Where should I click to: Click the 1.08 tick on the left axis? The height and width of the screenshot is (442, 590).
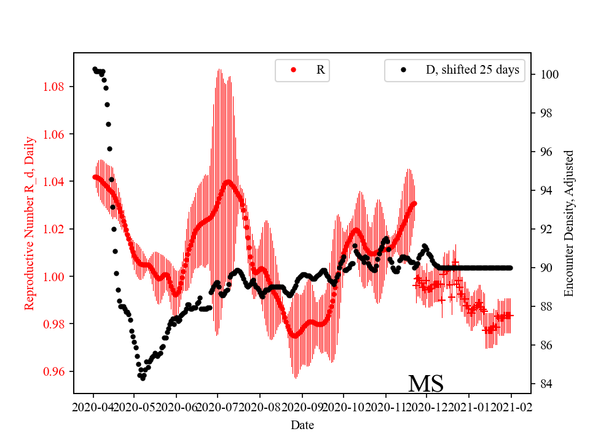55,87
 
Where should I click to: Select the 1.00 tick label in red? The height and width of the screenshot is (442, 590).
55,277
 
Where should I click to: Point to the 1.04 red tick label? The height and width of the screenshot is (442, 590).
55,182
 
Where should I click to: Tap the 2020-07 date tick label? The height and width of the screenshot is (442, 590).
218,407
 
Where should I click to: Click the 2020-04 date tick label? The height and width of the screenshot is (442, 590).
93,407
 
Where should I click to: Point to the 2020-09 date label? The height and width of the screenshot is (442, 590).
302,407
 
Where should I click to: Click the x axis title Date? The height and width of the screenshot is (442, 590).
302,425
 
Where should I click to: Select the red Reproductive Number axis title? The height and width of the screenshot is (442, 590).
29,223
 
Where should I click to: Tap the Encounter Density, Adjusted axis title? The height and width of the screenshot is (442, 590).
568,223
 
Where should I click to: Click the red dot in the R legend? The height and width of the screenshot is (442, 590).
293,70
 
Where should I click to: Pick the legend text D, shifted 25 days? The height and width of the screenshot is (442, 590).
473,70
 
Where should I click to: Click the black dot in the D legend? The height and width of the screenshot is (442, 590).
403,70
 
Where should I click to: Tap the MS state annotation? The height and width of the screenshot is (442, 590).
426,384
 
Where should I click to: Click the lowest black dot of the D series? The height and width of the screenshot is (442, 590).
143,378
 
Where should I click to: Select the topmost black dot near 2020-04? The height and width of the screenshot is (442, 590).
95,69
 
